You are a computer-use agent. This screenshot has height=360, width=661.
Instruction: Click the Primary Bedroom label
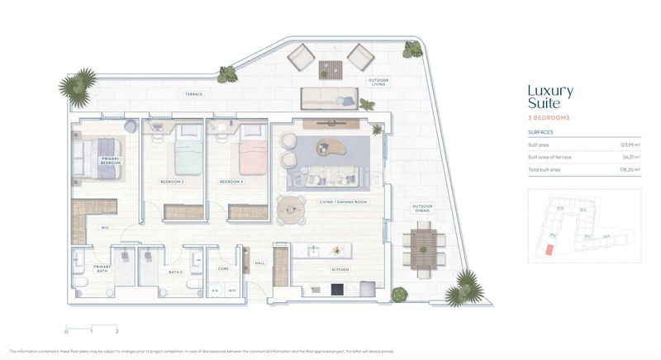tap(111, 160)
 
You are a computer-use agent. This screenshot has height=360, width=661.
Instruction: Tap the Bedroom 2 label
tap(172, 181)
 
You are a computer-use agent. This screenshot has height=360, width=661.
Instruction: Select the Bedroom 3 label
tap(231, 181)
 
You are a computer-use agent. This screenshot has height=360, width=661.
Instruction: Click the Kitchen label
tap(340, 269)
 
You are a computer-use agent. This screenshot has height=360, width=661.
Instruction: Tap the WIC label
tap(106, 227)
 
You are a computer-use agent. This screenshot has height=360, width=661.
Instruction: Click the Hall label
tap(259, 263)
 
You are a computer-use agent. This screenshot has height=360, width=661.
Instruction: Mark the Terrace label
tap(193, 94)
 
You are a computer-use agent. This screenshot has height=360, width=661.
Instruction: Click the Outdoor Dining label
tap(422, 208)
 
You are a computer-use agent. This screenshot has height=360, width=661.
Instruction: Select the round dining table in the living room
tap(290, 209)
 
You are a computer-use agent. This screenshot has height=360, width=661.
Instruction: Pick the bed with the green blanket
tap(188, 154)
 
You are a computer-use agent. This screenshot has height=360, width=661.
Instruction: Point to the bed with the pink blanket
tap(253, 154)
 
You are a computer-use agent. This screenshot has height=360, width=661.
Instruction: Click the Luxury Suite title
tap(549, 97)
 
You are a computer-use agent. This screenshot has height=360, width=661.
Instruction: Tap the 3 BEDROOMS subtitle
tap(549, 118)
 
